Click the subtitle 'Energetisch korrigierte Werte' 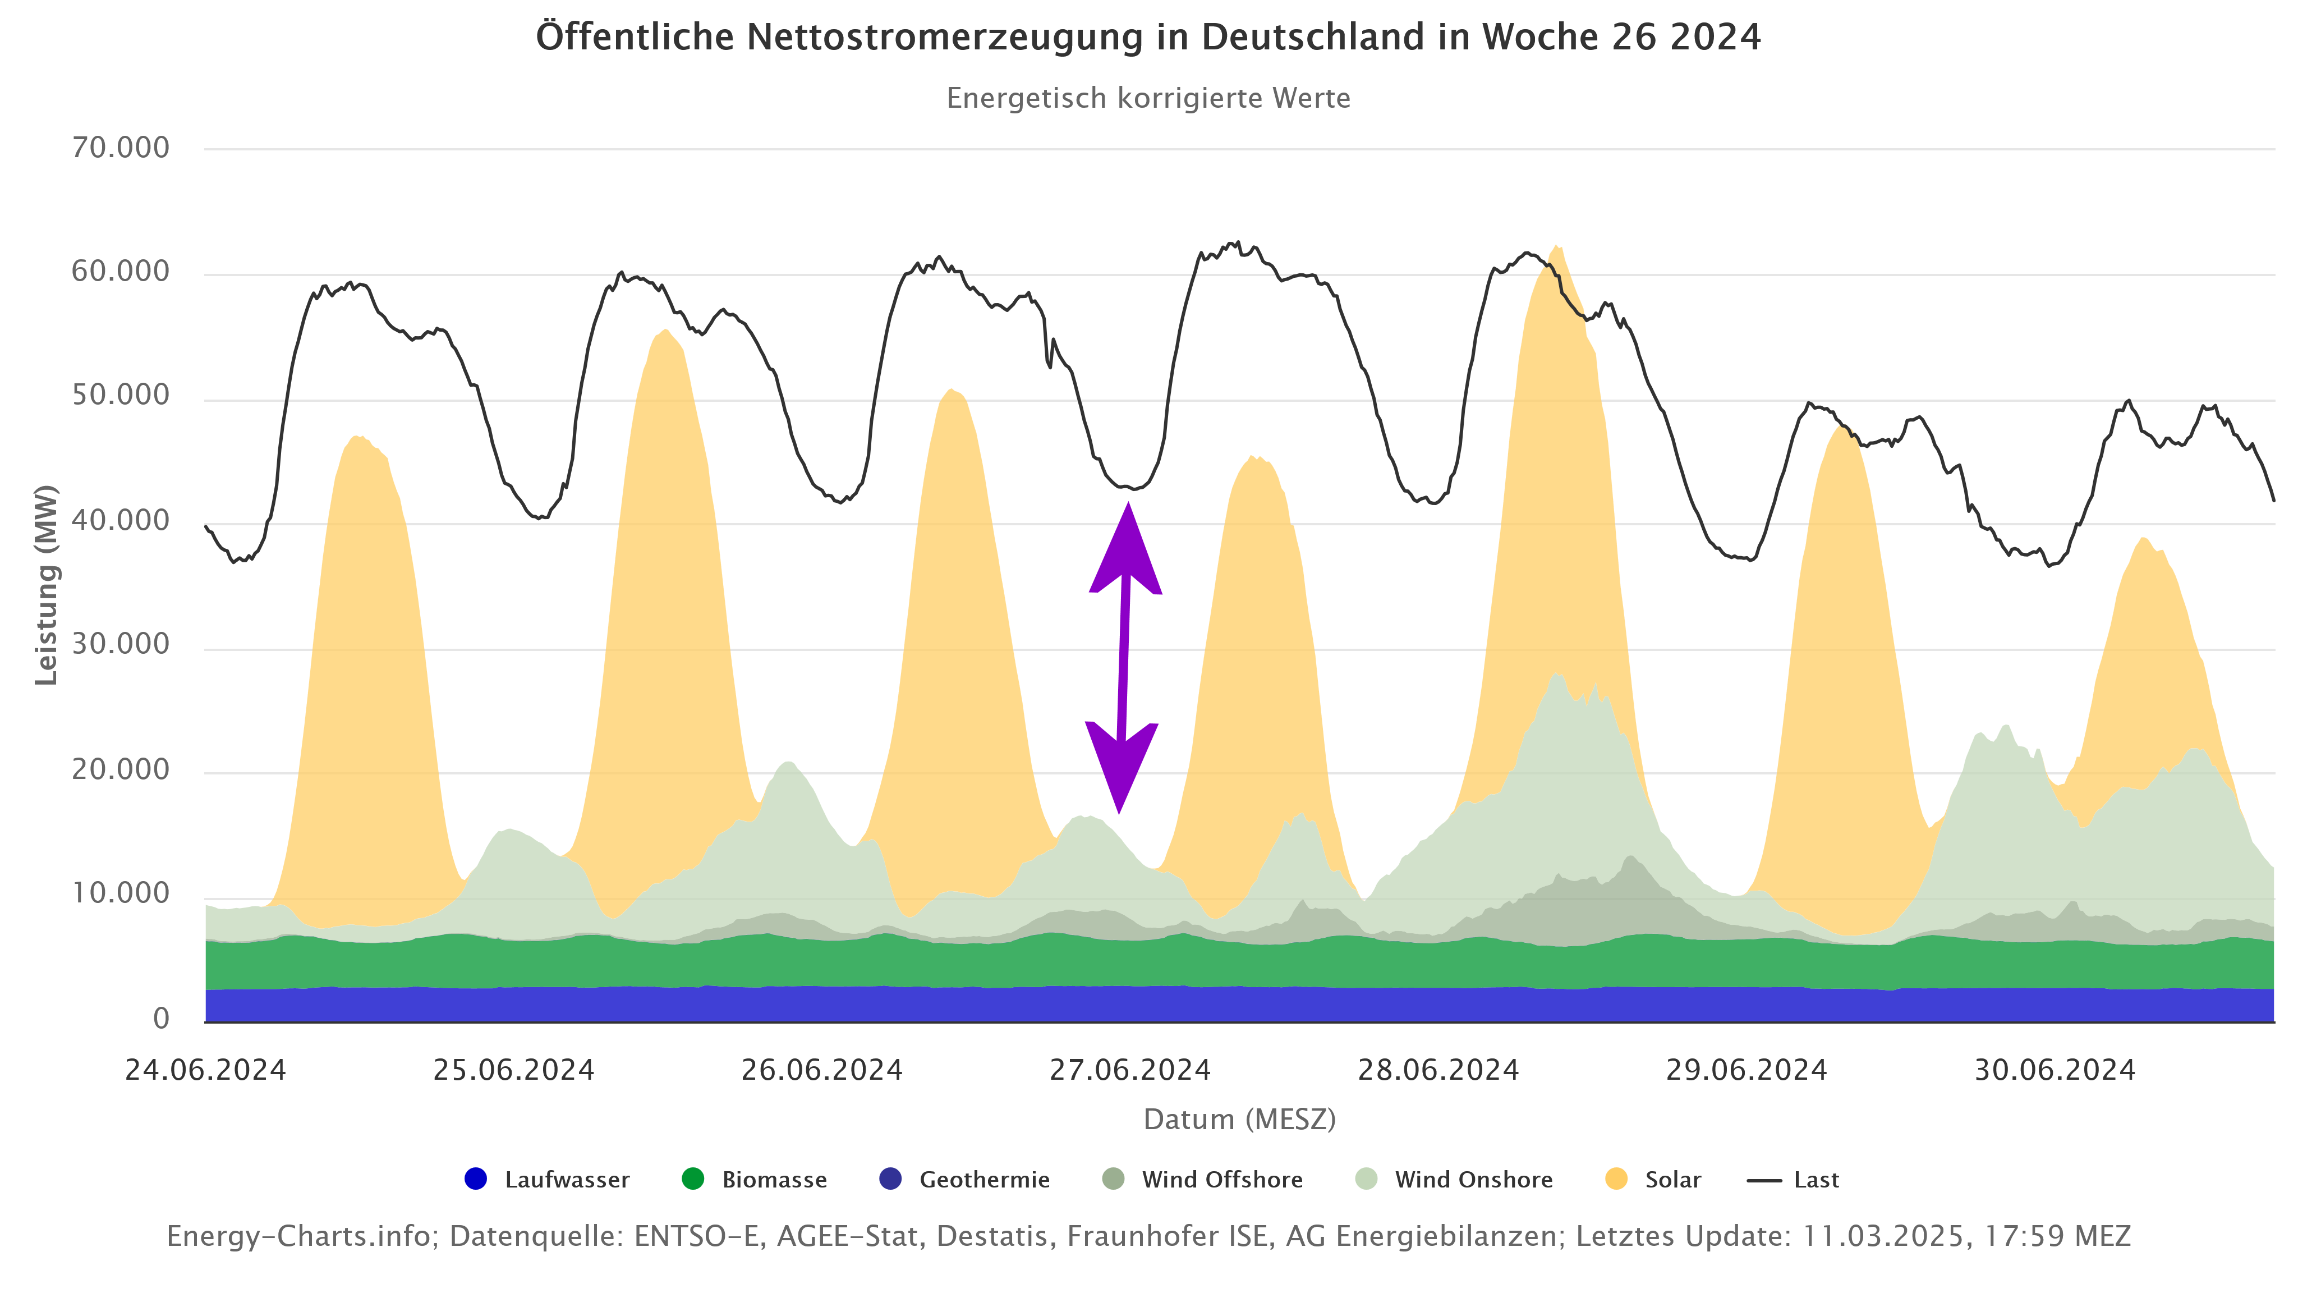pyautogui.click(x=1148, y=98)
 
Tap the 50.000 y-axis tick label pyautogui.click(x=121, y=395)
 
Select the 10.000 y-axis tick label pyautogui.click(x=121, y=893)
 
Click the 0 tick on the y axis pyautogui.click(x=160, y=1018)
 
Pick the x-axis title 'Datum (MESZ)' pyautogui.click(x=1239, y=1119)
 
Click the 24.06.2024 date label pyautogui.click(x=205, y=1070)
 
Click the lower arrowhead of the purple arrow pyautogui.click(x=1120, y=769)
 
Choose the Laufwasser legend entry pyautogui.click(x=547, y=1180)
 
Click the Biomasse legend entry pyautogui.click(x=755, y=1180)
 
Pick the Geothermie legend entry pyautogui.click(x=964, y=1180)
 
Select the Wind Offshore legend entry pyautogui.click(x=1202, y=1180)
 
